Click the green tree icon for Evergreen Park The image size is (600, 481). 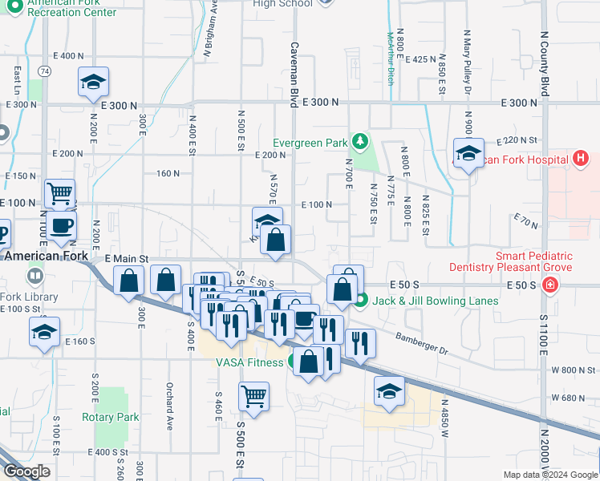pos(361,143)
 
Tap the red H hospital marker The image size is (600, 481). pos(580,160)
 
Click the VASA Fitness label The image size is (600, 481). pos(250,362)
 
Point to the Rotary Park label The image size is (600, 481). pos(110,417)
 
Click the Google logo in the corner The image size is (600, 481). pos(27,471)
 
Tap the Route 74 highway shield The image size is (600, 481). pos(45,71)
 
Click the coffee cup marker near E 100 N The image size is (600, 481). pos(61,226)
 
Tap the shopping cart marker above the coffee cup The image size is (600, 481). pos(60,193)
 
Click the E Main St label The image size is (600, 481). pos(116,259)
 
